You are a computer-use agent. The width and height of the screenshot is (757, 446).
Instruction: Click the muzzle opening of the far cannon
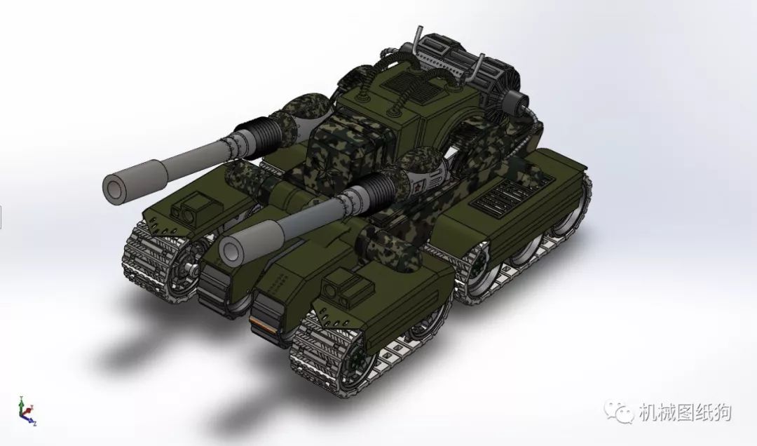[114, 186]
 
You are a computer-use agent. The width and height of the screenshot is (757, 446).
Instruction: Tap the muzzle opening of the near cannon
[230, 250]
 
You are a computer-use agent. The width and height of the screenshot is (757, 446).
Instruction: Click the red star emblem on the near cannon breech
[419, 184]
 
